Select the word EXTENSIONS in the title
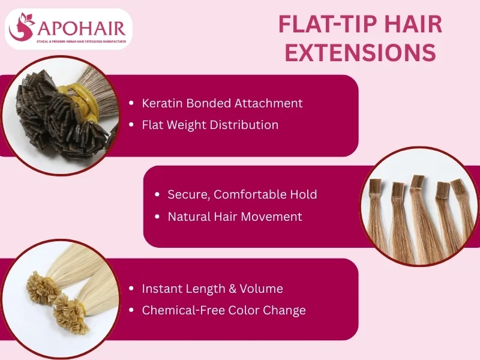pyautogui.click(x=360, y=53)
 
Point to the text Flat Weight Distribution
pyautogui.click(x=210, y=125)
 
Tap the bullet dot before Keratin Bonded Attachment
pyautogui.click(x=131, y=103)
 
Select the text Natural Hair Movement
pyautogui.click(x=235, y=217)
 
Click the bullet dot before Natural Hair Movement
pyautogui.click(x=157, y=217)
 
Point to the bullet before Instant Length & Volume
pyautogui.click(x=131, y=289)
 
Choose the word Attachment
pyautogui.click(x=272, y=103)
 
